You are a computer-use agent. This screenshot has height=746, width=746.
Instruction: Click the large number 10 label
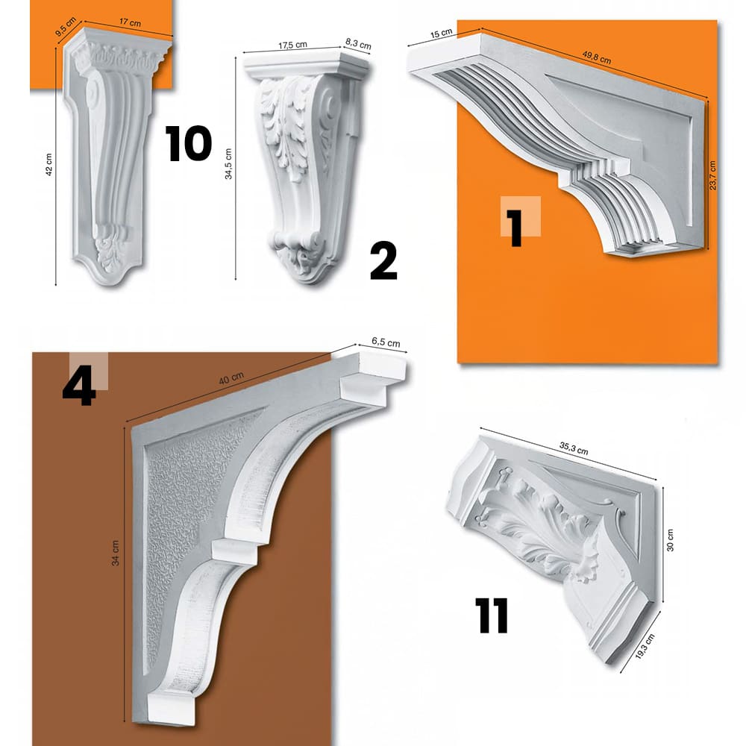(x=189, y=144)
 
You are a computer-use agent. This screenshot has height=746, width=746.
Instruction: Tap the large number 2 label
(x=383, y=261)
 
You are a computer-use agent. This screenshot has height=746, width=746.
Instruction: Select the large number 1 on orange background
(x=515, y=228)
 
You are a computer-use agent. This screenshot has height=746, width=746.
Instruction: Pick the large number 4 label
(x=79, y=387)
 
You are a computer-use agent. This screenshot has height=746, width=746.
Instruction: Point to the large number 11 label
(x=492, y=615)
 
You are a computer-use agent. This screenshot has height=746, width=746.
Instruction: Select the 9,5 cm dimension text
(x=66, y=32)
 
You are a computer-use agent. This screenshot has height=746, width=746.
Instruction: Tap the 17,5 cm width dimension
(x=292, y=45)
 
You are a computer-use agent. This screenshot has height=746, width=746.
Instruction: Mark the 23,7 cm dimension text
(x=713, y=175)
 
